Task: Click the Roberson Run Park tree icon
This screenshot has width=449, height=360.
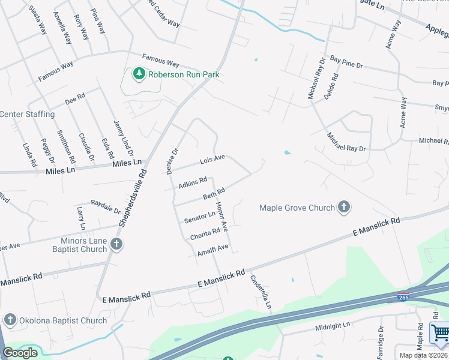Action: [x=139, y=74]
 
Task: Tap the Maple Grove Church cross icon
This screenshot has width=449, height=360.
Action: [x=344, y=208]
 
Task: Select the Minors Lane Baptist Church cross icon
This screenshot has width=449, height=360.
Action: [x=116, y=244]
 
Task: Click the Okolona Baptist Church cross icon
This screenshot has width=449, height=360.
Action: [x=10, y=320]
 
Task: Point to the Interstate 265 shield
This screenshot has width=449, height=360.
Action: [x=403, y=296]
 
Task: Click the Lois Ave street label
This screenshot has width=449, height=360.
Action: [x=212, y=160]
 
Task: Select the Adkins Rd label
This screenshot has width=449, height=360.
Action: [x=193, y=182]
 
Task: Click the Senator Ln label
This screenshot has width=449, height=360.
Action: [x=200, y=216]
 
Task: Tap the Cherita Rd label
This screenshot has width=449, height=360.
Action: [x=205, y=234]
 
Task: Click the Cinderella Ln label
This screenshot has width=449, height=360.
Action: [x=261, y=292]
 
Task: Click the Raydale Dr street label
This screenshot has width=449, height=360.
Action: [x=106, y=206]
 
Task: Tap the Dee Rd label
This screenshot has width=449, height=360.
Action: [x=75, y=98]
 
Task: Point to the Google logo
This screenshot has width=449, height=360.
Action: [x=20, y=352]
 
